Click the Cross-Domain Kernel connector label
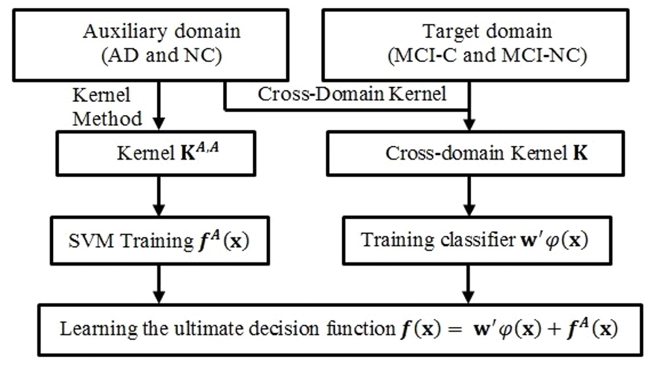pos(352,95)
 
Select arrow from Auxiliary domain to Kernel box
pos(159,108)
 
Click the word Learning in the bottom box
pos(89,328)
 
